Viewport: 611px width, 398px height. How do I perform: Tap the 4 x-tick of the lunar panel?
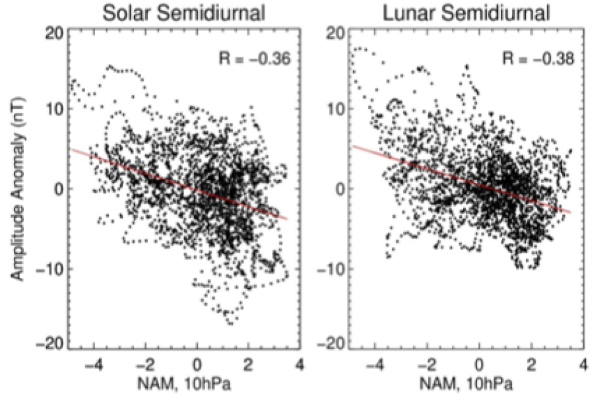[583, 364]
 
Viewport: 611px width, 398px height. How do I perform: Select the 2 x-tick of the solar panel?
[248, 364]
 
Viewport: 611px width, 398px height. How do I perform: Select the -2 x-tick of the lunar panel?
[426, 364]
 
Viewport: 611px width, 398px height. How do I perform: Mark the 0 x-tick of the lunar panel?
[480, 364]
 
